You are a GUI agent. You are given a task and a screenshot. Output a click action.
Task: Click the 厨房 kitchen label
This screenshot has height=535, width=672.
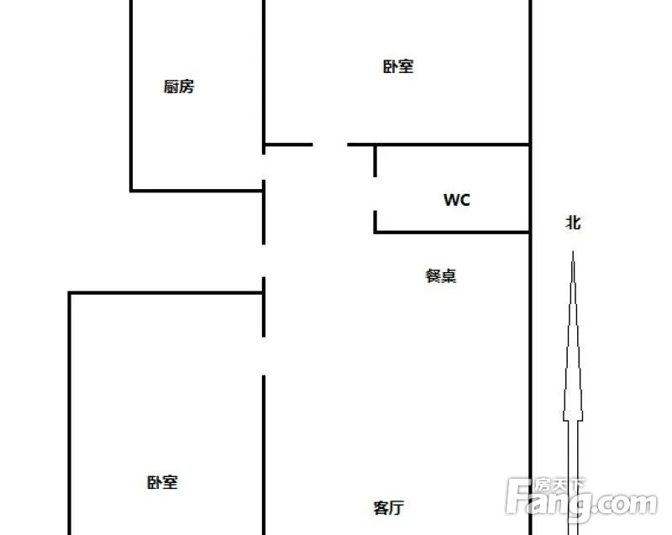(x=179, y=87)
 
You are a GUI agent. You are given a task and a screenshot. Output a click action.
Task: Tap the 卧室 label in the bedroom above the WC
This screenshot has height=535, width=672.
(x=398, y=66)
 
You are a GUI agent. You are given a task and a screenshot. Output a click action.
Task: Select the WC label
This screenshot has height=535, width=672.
(x=457, y=200)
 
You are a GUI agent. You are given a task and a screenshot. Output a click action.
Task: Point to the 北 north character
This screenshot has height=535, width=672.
(x=574, y=223)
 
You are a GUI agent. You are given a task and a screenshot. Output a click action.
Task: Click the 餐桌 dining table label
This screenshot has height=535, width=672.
(x=440, y=275)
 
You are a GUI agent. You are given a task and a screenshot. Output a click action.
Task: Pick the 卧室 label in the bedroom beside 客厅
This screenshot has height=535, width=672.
(x=162, y=483)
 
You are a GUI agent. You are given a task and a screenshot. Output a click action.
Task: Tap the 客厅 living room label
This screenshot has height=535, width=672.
(x=389, y=508)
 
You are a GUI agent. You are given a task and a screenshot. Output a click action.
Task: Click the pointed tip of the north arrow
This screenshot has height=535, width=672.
(x=573, y=251)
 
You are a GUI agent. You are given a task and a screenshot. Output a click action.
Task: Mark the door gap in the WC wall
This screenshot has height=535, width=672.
(x=375, y=194)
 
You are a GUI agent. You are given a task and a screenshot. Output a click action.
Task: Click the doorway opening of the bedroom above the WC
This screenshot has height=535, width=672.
(x=330, y=144)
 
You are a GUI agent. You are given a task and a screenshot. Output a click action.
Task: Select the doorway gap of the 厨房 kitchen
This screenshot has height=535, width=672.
(x=264, y=167)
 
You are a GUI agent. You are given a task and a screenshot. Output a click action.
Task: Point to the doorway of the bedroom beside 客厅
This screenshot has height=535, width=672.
(x=264, y=356)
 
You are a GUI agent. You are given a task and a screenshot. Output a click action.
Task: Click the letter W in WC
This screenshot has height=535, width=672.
(x=451, y=200)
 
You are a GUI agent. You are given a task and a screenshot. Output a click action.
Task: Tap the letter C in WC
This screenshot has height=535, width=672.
(x=465, y=200)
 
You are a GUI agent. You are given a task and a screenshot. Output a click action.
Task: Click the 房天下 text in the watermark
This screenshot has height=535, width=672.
(x=559, y=485)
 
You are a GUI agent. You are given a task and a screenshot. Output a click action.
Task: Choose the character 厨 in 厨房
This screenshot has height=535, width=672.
(x=171, y=87)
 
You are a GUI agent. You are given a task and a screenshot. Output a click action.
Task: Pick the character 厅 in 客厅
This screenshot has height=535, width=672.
(x=396, y=508)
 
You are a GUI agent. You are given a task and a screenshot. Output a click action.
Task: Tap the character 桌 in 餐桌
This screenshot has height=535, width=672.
(x=449, y=275)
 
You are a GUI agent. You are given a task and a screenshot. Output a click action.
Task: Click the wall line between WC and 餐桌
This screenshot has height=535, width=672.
(x=452, y=232)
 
